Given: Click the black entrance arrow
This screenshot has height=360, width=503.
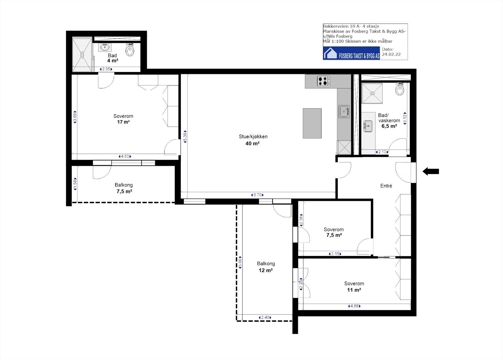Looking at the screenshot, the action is tap(431, 172).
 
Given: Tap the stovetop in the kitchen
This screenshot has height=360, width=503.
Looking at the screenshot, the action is tap(323, 81).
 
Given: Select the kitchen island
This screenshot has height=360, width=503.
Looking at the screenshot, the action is tap(312, 123).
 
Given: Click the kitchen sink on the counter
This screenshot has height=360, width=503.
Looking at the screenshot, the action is tap(344, 111).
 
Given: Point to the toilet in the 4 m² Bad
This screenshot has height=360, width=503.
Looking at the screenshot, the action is tap(130, 50).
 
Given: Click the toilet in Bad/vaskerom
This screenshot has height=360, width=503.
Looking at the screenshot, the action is tap(400, 89).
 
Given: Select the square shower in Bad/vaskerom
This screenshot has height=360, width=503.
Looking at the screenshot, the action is tap(372, 93).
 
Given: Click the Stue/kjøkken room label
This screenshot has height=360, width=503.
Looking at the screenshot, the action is tap(253, 136).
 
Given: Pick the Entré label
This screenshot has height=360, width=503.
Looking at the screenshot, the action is tap(386, 186).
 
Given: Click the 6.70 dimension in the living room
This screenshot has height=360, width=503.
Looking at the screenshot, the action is tap(257, 195).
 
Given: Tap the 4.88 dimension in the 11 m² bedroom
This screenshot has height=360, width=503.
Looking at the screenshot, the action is tap(354, 306).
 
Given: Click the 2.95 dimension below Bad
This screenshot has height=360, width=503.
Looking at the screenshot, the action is tap(106, 69).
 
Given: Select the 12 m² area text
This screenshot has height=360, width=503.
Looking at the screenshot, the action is tap(266, 270).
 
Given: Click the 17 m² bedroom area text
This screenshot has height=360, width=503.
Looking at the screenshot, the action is tap(123, 122).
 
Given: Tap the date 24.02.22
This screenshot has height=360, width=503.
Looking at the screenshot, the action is tap(391, 54).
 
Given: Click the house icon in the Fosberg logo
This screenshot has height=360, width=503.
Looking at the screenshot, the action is tap(330, 53).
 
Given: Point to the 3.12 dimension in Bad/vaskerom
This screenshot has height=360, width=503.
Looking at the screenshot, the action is tap(405, 119).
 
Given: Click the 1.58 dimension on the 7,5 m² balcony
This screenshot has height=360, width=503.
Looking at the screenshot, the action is tap(75, 184).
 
